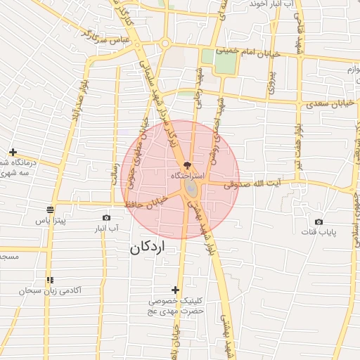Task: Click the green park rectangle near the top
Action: pyautogui.click(x=225, y=60)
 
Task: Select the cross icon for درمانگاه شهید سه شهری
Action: pyautogui.click(x=13, y=152)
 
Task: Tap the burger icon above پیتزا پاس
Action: pyautogui.click(x=50, y=210)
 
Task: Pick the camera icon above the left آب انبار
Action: pyautogui.click(x=106, y=218)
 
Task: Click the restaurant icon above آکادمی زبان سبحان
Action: pyautogui.click(x=49, y=280)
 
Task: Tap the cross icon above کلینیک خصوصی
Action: pyautogui.click(x=176, y=290)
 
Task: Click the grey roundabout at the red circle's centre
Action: pyautogui.click(x=191, y=189)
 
